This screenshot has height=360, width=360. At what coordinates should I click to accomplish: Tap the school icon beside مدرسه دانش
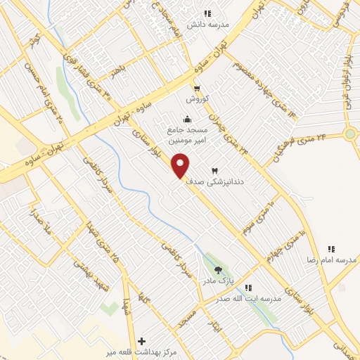pyautogui.click(x=207, y=13)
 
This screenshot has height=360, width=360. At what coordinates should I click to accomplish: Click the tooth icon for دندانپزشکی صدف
pyautogui.click(x=215, y=171)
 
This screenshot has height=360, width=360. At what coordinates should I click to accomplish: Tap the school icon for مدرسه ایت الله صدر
pyautogui.click(x=248, y=288)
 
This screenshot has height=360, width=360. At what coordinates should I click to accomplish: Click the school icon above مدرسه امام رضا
pyautogui.click(x=331, y=249)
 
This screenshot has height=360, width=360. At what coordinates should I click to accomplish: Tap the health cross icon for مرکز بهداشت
pyautogui.click(x=143, y=340)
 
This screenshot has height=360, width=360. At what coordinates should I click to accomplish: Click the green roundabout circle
pyautogui.click(x=349, y=134)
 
